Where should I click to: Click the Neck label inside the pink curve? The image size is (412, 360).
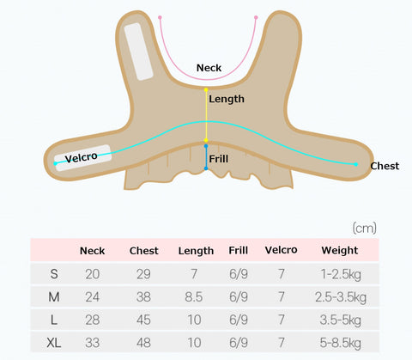(209, 68)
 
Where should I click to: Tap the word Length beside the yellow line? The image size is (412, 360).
(227, 99)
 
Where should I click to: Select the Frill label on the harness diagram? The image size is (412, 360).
(219, 159)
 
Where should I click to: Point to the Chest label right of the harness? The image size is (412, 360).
(385, 166)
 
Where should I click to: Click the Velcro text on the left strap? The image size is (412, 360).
(82, 157)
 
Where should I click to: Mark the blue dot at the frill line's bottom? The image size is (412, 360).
(206, 168)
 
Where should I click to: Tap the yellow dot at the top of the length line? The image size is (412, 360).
(206, 90)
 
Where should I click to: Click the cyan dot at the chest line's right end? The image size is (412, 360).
(355, 164)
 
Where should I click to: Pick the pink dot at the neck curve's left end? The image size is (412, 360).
(160, 18)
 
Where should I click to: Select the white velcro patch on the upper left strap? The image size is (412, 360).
(139, 52)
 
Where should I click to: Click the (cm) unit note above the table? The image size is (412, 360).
(364, 229)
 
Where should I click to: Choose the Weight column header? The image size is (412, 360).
(340, 250)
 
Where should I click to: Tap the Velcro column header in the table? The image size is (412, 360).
(281, 250)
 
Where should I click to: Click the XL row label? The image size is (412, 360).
(54, 343)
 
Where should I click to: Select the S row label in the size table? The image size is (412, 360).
(54, 274)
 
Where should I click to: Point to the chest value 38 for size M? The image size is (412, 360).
(143, 297)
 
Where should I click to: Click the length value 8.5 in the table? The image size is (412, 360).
(194, 297)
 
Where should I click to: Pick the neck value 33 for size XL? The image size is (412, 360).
(92, 343)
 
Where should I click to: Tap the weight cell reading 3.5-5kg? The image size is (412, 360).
(340, 320)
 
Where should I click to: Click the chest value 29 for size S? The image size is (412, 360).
(143, 274)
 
